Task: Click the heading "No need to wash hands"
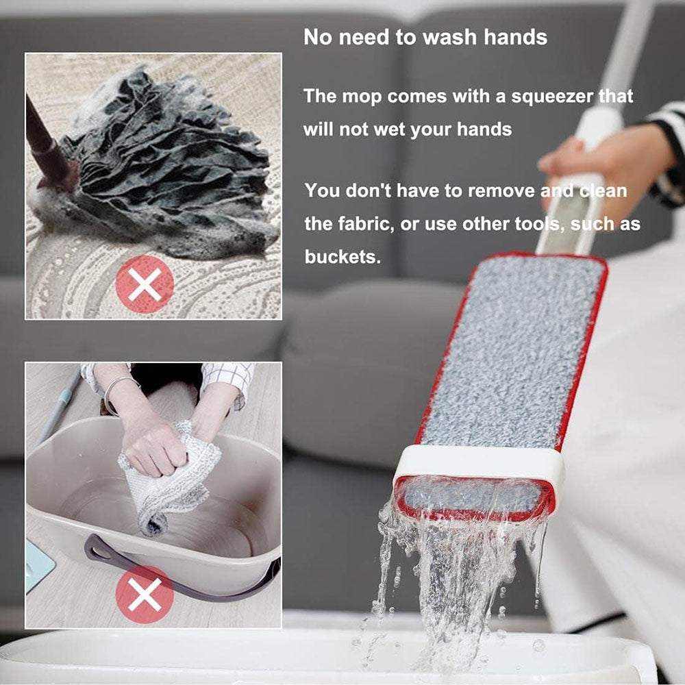[425, 37]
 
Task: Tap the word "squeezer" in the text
[551, 96]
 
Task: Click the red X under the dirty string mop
[145, 284]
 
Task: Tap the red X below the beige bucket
[145, 593]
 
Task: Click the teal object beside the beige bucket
[38, 565]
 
